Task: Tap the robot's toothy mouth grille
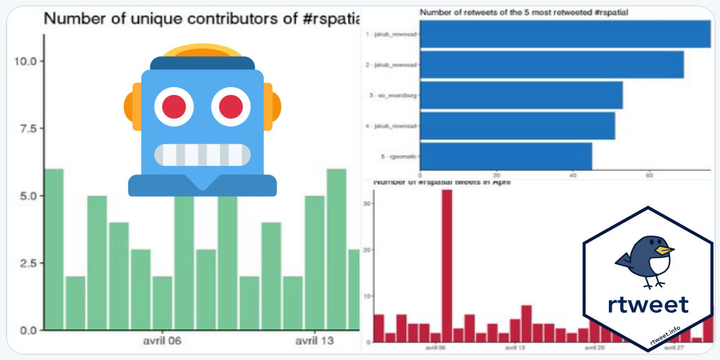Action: (202, 155)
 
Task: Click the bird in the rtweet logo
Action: (646, 260)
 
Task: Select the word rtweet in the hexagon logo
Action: (648, 304)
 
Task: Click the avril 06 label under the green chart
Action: (162, 341)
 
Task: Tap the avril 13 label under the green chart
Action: (314, 341)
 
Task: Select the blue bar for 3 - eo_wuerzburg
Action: (521, 95)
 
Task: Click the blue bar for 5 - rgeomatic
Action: (506, 156)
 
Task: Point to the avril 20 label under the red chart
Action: (594, 347)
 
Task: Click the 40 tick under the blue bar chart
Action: (573, 176)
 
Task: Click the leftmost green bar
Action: (53, 249)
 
